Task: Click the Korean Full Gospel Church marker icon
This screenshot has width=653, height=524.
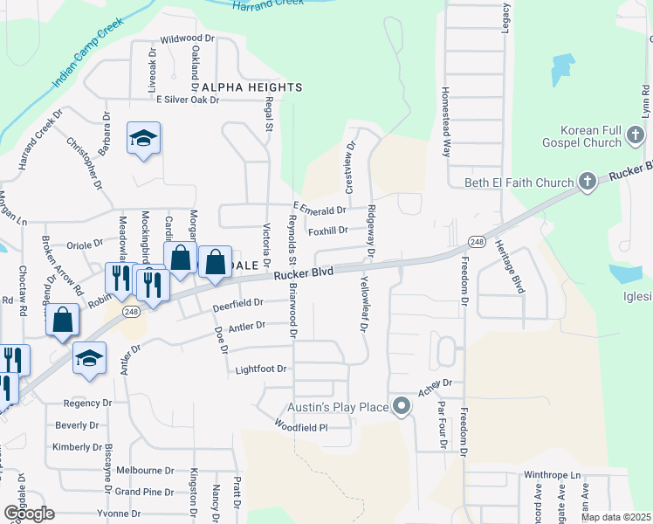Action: (636, 135)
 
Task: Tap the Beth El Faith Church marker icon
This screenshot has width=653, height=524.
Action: (588, 183)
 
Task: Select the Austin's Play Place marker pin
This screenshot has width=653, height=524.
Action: (402, 406)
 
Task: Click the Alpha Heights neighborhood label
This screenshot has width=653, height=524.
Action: (252, 87)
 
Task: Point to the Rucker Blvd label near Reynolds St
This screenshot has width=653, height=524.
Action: (304, 274)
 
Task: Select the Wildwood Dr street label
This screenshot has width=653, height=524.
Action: (188, 39)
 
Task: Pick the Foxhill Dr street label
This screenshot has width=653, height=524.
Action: (327, 231)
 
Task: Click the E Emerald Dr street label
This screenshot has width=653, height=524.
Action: (320, 210)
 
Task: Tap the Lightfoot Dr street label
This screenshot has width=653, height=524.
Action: (261, 369)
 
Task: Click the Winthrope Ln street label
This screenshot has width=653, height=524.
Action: (552, 475)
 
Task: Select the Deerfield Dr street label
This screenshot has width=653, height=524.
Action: (238, 304)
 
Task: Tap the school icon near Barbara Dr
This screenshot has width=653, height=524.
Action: (143, 139)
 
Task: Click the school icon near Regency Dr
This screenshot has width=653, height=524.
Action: (90, 358)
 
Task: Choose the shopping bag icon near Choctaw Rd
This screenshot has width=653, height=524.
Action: (64, 320)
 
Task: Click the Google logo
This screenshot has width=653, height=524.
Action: (29, 514)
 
